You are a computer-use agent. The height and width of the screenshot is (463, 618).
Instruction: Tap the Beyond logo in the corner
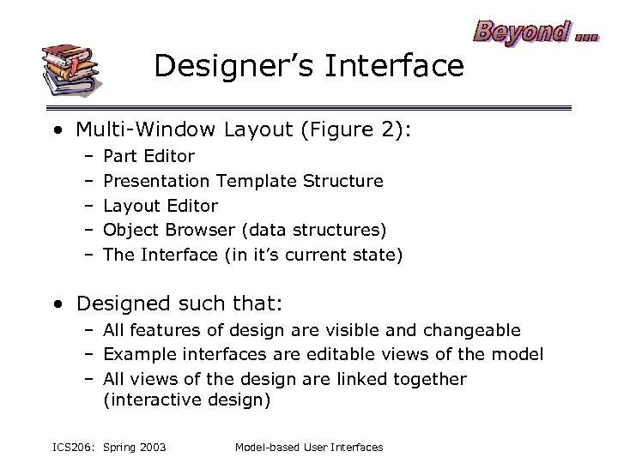(536, 32)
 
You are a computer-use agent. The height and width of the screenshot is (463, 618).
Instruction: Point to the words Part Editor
(148, 156)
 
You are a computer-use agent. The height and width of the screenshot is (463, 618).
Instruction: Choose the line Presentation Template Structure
(243, 181)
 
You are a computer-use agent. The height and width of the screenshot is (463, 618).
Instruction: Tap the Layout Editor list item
(161, 206)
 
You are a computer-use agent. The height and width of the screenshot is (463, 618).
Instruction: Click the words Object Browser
(168, 231)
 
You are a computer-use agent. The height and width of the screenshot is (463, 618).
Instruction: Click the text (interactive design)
(186, 400)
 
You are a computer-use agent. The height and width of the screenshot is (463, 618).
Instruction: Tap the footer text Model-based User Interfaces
(308, 447)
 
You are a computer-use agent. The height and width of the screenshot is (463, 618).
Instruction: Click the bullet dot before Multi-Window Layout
(56, 130)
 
